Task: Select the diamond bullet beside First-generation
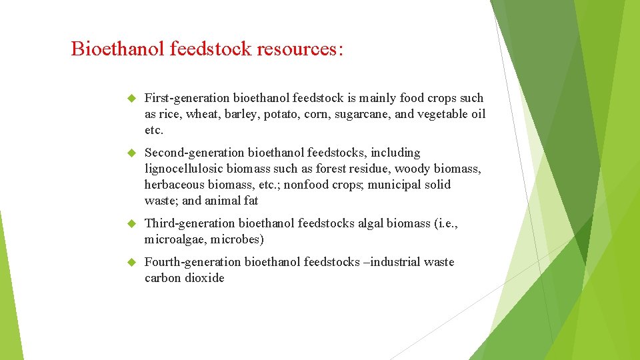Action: point(131,98)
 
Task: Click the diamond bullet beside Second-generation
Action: point(131,153)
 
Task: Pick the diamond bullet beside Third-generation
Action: point(131,223)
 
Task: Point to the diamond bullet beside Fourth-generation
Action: point(131,262)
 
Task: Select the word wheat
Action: point(201,114)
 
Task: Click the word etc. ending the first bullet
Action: point(153,130)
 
